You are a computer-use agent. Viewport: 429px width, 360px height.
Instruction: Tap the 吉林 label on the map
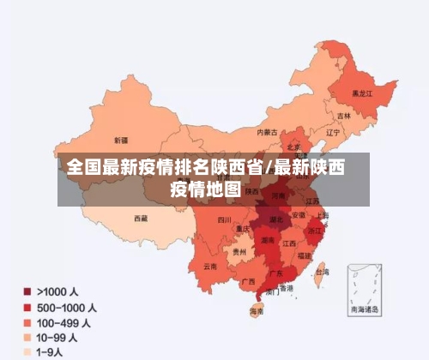pyautogui.click(x=344, y=116)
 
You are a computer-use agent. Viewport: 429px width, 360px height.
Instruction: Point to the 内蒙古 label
pyautogui.click(x=269, y=132)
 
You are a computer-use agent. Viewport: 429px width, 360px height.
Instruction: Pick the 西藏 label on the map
pyautogui.click(x=140, y=219)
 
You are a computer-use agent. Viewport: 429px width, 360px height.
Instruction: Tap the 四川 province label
pyautogui.click(x=224, y=220)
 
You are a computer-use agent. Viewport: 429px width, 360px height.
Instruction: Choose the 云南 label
pyautogui.click(x=210, y=267)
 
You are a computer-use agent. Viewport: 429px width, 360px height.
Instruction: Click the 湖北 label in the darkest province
pyautogui.click(x=276, y=220)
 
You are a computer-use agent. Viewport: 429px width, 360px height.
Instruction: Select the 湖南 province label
pyautogui.click(x=268, y=242)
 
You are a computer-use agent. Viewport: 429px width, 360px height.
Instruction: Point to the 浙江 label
pyautogui.click(x=315, y=230)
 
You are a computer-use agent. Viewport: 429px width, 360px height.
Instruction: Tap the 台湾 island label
pyautogui.click(x=322, y=273)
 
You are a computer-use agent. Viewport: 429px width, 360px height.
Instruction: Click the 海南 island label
pyautogui.click(x=256, y=310)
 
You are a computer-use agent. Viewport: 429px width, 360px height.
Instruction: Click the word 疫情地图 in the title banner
pyautogui.click(x=205, y=189)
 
